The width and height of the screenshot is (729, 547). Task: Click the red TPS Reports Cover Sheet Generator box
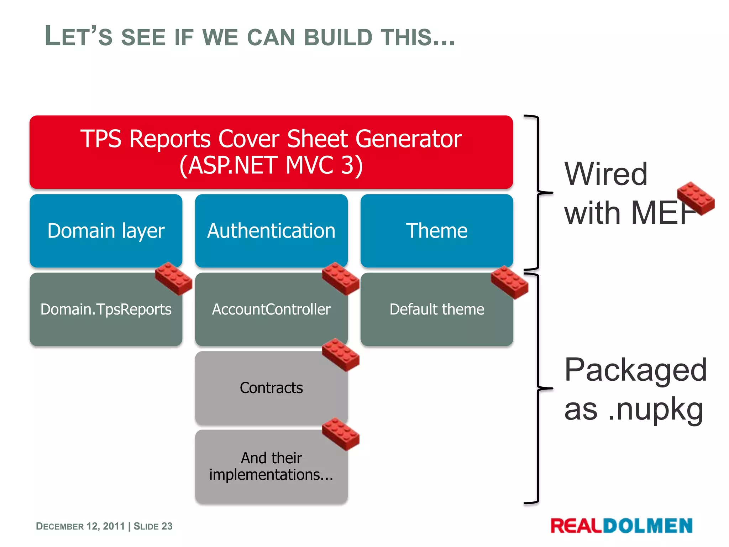pos(271,152)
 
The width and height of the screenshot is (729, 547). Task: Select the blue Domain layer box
pos(106,231)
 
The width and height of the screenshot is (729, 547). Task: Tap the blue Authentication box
pos(271,231)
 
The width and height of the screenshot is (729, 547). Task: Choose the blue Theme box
pos(436,231)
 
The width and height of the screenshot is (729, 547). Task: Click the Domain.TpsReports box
pos(106,309)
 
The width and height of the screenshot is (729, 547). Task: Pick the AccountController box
pos(271,309)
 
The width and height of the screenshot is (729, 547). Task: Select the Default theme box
pos(436,309)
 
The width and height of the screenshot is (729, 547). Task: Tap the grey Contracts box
pos(271,388)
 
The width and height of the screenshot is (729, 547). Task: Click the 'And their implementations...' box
pos(271,467)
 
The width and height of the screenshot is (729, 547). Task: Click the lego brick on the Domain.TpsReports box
pos(174,279)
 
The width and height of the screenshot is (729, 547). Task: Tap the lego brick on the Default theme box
pos(509,282)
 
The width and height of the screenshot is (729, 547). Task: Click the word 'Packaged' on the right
pos(635,370)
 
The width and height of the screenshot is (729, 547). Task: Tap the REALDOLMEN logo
pos(621,526)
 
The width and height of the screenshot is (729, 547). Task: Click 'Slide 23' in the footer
pos(153,526)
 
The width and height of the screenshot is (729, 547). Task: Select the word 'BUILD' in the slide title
pos(338,37)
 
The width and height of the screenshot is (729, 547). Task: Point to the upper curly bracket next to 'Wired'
pos(537,193)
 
